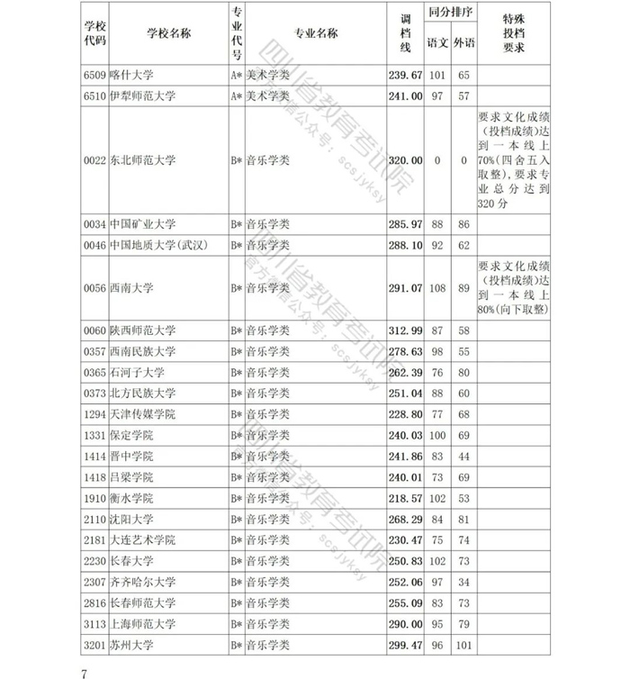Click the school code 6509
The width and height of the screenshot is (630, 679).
pos(94,75)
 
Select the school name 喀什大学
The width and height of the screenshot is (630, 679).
pos(132,75)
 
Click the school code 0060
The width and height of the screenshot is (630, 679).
pos(94,330)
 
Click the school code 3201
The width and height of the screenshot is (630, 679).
pos(94,646)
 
